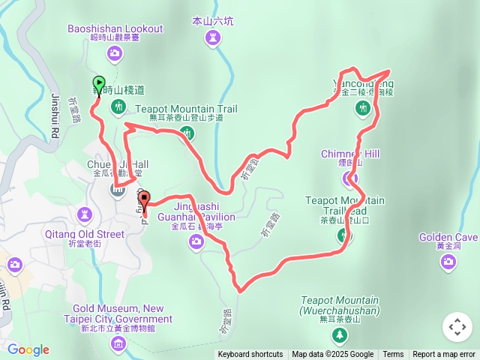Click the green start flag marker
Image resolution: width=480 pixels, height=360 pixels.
click(98, 84)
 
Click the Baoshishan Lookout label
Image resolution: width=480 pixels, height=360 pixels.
click(115, 28)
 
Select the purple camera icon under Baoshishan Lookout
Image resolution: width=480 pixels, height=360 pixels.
click(115, 52)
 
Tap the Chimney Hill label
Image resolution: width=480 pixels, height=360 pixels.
click(350, 154)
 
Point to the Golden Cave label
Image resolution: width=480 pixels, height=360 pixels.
click(448, 238)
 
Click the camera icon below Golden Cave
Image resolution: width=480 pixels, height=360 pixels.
click(448, 261)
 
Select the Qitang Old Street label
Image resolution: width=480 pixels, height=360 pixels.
click(88, 234)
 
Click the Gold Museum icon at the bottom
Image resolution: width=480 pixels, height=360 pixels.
click(118, 343)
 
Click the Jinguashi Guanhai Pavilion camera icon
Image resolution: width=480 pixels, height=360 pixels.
click(196, 241)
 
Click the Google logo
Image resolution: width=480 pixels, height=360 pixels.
click(28, 349)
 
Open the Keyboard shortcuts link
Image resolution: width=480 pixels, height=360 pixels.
click(250, 355)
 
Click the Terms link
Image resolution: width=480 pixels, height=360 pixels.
click(393, 355)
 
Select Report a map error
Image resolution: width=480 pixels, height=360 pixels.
click(444, 355)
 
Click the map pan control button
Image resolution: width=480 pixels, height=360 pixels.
click(457, 327)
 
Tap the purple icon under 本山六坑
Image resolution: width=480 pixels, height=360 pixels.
click(213, 37)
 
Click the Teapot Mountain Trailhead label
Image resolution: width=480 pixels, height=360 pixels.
click(345, 205)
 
